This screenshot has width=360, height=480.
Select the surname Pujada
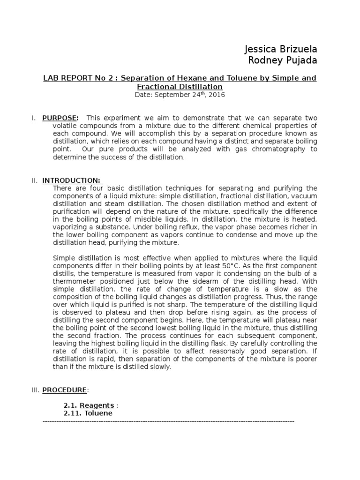click(300, 60)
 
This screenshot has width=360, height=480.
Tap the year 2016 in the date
click(216, 95)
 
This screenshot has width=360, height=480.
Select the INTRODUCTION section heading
click(71, 180)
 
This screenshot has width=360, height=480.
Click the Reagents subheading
click(97, 405)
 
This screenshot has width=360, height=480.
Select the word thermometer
click(74, 280)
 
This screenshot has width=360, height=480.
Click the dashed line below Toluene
click(168, 421)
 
